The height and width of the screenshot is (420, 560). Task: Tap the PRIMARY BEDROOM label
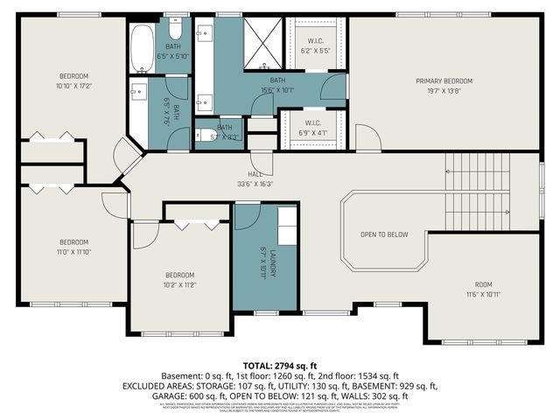pos(444,80)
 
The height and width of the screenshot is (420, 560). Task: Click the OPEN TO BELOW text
pos(384,234)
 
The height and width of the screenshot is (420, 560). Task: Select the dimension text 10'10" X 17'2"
pos(73,86)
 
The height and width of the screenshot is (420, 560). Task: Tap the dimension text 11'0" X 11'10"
pos(73,252)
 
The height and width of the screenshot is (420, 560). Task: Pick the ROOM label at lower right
pos(484,284)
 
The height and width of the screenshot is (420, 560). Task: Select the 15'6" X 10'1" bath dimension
pos(277,89)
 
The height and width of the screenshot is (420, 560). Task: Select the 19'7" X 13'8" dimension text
pos(444,90)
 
